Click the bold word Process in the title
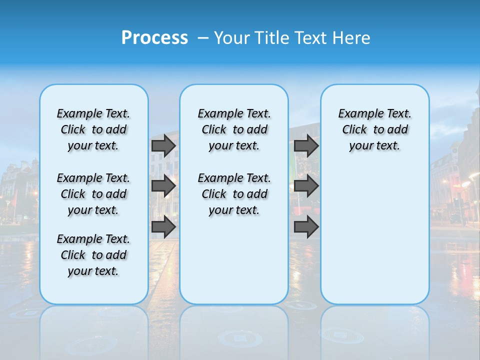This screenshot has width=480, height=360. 154,38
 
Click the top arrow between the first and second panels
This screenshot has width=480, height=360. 163,145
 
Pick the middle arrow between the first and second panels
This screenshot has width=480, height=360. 163,186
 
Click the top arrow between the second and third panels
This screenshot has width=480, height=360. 306,145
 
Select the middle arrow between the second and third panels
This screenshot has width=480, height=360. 306,186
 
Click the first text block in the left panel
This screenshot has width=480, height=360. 93,129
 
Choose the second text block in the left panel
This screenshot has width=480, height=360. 93,194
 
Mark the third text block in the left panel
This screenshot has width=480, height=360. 93,255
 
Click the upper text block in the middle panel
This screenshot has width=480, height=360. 234,129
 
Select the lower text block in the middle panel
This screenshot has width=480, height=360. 234,194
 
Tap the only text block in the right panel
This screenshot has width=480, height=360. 375,129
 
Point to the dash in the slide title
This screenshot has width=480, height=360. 202,38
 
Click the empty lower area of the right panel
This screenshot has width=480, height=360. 375,235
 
